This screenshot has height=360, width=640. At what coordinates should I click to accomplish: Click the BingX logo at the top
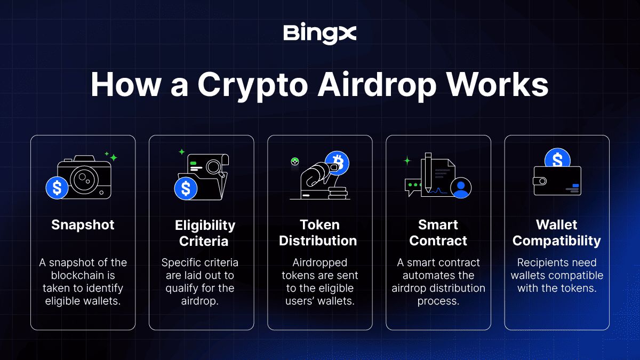pos(319,34)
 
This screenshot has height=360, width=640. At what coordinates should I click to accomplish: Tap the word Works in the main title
pos(501,85)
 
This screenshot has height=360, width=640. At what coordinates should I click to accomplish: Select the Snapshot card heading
pos(83,225)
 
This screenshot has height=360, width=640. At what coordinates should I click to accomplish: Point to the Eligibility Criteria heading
pos(205,233)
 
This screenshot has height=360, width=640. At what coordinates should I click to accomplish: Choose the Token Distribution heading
pos(318,233)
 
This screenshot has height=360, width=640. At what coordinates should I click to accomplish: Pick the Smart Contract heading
pos(438,233)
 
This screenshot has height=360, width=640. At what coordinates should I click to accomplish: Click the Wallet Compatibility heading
pos(556,233)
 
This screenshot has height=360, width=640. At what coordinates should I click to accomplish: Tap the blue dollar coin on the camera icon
pos(57,187)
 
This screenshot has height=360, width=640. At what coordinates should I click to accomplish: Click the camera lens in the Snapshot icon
pos(83,178)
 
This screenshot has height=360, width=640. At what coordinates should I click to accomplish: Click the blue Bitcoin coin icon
pos(337,162)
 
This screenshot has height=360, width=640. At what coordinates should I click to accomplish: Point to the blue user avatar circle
pos(461,187)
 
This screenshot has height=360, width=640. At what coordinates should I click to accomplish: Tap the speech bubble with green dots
pos(413,186)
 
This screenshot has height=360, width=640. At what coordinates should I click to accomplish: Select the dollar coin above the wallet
pos(557,159)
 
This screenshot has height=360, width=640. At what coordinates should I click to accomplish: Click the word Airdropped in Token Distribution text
pos(319,263)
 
